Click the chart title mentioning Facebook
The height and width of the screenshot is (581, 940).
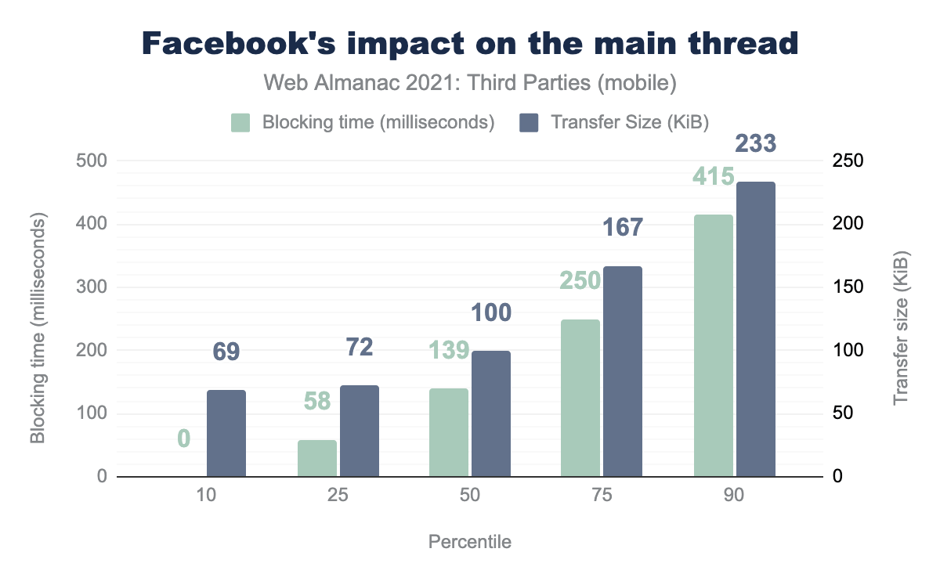470,44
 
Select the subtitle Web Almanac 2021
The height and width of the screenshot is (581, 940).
470,82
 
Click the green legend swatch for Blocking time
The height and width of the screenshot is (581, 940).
240,123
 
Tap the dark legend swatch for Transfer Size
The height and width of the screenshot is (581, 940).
529,123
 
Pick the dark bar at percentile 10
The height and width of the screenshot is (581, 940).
226,433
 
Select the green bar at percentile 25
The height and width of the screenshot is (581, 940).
317,458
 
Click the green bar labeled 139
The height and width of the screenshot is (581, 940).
449,432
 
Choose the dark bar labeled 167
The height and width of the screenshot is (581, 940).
622,371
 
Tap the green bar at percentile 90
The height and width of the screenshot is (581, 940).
714,345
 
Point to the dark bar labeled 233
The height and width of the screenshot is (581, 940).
755,329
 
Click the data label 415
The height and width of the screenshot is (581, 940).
713,176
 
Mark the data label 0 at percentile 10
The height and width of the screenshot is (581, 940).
183,438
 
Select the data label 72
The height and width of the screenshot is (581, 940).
359,346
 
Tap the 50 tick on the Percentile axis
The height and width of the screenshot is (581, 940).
470,496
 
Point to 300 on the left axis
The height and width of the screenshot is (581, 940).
92,287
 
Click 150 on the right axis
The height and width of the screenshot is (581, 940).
848,287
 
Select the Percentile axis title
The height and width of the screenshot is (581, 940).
470,542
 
